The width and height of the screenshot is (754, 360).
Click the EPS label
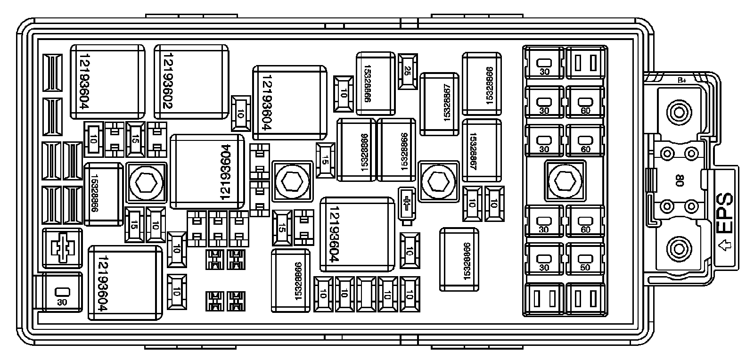click(725, 212)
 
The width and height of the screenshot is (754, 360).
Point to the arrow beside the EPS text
click(726, 245)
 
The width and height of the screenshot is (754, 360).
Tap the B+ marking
click(681, 81)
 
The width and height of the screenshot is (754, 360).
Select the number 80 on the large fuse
click(680, 180)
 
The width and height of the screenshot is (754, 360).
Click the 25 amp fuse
click(408, 71)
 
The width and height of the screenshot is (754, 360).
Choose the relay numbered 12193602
click(191, 82)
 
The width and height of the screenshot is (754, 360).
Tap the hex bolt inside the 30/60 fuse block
click(564, 180)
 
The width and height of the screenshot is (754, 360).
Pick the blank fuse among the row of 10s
click(366, 294)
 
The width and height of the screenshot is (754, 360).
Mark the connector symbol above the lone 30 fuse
click(62, 245)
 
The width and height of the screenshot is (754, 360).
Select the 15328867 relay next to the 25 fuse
click(439, 104)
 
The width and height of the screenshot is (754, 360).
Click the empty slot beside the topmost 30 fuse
click(585, 62)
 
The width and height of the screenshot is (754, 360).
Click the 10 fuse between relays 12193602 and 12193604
click(240, 114)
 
